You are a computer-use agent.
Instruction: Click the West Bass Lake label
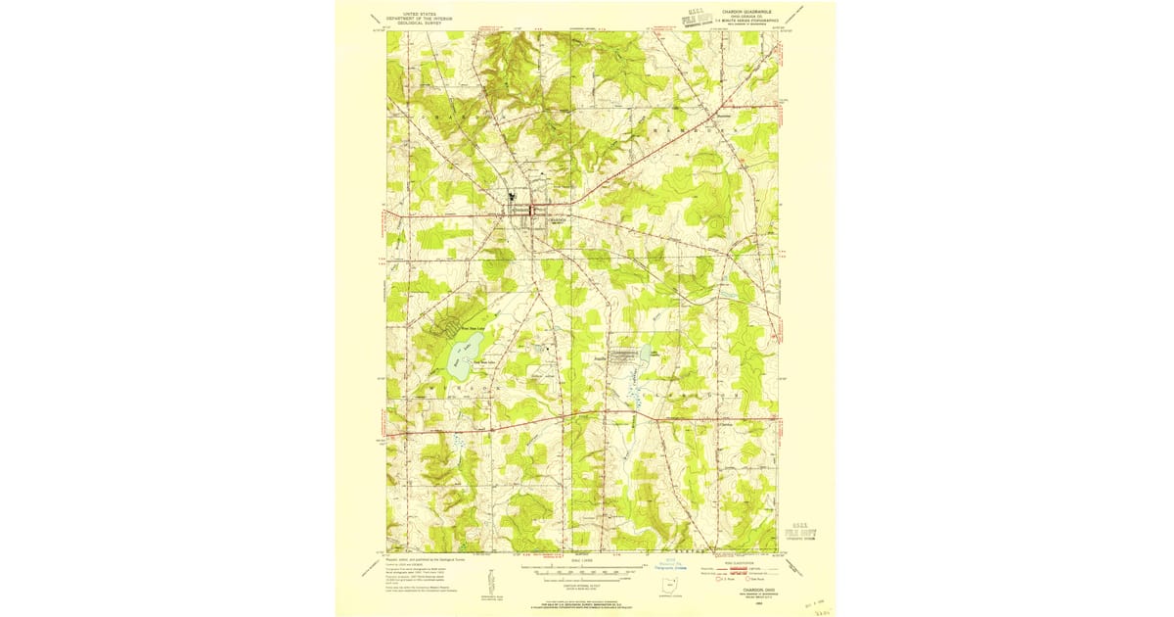point(460,329)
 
